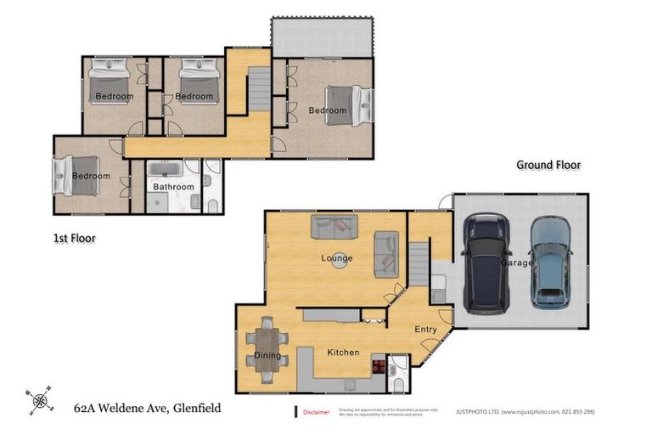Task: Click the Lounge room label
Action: click(x=337, y=258)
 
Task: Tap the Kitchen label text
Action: click(x=343, y=353)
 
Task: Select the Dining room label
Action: click(x=267, y=356)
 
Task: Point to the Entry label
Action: click(x=425, y=330)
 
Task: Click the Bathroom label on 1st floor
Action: click(x=173, y=187)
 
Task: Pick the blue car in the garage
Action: click(x=549, y=263)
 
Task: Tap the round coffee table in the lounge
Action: click(x=339, y=262)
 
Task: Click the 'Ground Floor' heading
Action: click(x=548, y=166)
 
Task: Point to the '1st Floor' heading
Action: click(x=69, y=239)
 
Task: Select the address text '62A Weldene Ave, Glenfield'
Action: click(x=147, y=409)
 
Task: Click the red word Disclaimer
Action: click(x=316, y=412)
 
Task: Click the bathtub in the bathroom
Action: click(x=172, y=170)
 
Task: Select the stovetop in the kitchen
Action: click(x=379, y=367)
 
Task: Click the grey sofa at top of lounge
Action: click(x=334, y=227)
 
